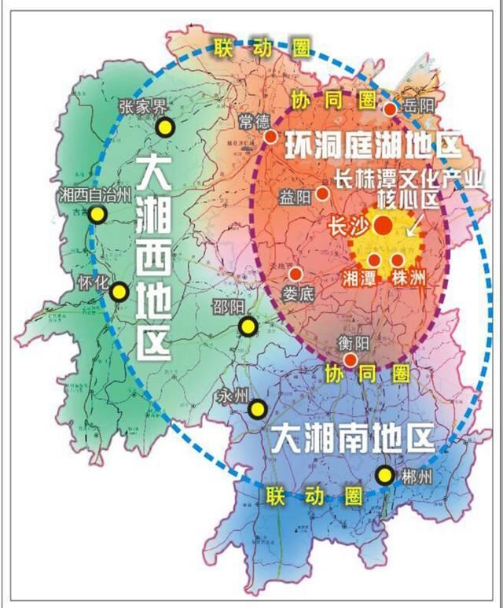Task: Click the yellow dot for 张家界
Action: [165, 127]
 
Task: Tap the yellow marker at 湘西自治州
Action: [97, 215]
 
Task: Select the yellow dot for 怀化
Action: [119, 292]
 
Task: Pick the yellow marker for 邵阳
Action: [248, 326]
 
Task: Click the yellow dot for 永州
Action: [257, 409]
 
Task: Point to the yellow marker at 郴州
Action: [384, 475]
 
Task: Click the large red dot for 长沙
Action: [383, 226]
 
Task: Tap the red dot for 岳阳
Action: [390, 109]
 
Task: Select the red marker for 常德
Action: [271, 137]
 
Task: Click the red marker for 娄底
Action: [296, 274]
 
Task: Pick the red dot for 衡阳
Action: [351, 359]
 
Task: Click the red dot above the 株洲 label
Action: [398, 260]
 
